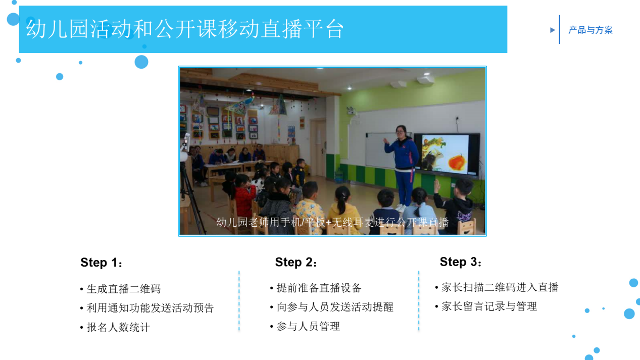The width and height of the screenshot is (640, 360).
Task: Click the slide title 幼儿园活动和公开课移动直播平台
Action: [184, 29]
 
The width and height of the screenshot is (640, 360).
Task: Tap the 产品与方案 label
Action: [590, 30]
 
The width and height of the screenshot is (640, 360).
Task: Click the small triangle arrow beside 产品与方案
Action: [552, 30]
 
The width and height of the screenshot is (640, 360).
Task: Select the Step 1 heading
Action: [102, 263]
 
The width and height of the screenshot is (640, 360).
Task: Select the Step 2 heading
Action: [296, 262]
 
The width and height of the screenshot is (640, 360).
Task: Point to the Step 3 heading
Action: [461, 262]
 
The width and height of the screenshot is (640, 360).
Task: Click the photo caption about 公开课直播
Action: [332, 222]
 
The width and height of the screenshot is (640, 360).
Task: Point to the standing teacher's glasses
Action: [400, 132]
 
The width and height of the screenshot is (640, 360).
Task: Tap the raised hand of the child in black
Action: [437, 185]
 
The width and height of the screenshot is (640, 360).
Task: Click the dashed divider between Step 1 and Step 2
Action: [239, 300]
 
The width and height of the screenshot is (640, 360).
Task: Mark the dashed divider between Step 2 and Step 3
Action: [419, 300]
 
